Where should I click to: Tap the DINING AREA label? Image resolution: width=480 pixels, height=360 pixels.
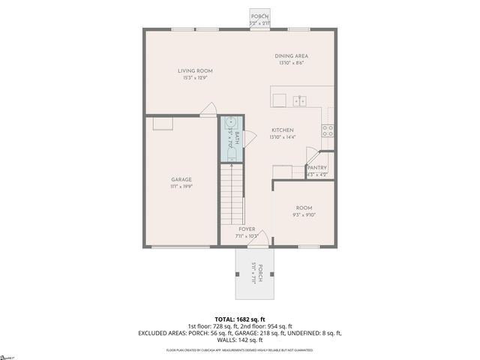tap(292, 56)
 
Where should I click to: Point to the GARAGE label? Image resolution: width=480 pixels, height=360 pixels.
tap(181, 180)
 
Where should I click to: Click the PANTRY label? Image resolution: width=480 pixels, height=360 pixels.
tap(317, 168)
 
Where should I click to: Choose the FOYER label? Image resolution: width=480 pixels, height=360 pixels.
tap(247, 229)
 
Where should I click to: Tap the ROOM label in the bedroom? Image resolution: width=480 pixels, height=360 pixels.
tap(304, 208)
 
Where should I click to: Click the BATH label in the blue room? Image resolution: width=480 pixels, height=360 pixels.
tap(237, 138)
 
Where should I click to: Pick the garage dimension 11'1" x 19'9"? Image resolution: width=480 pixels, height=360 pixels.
tap(181, 187)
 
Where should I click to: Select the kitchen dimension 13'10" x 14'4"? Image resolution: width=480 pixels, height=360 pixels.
tap(282, 136)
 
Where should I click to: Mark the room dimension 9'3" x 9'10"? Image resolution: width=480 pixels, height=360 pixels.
tap(304, 214)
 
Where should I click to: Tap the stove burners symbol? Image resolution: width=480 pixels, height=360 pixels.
tap(328, 129)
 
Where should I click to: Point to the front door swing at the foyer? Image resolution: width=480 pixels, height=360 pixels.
tap(258, 241)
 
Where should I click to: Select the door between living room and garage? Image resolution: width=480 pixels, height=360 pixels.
tap(208, 110)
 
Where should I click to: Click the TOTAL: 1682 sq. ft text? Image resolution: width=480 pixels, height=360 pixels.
tap(240, 319)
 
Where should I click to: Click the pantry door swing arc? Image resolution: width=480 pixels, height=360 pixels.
tap(311, 151)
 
